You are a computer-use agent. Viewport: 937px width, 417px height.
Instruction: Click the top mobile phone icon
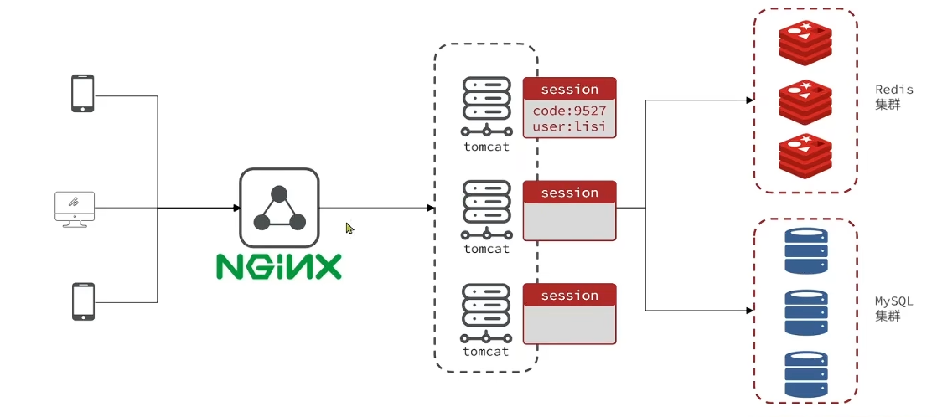pos(82,93)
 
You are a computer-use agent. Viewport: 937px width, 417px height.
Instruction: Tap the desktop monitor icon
pos(74,208)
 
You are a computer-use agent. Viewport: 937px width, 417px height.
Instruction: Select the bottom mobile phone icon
pos(82,301)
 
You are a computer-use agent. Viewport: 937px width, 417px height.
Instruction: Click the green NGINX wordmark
pos(279,265)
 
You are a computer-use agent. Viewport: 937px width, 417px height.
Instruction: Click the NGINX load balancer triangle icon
pos(279,207)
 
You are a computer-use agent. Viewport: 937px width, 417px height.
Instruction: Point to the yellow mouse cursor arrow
pos(349,228)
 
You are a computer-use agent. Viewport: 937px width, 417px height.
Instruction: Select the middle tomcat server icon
pos(486,209)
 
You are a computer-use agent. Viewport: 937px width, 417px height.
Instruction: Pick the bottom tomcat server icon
pos(486,312)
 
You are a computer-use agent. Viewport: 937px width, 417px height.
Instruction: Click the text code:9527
pos(570,111)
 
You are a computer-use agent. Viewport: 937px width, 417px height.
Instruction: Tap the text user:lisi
pos(570,127)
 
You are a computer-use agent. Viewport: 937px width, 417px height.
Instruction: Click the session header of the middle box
pos(570,193)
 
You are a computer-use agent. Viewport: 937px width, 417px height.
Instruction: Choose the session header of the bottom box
pos(570,296)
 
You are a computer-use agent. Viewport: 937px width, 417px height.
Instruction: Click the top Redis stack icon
pos(805,43)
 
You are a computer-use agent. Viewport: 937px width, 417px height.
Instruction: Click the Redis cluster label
pos(894,97)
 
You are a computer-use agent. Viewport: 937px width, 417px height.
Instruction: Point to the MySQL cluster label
pos(894,308)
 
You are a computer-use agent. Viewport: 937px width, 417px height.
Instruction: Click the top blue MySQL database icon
pos(805,250)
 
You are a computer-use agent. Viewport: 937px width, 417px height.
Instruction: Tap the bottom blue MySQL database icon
pos(805,373)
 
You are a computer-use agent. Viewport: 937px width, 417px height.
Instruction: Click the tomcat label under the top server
pos(486,147)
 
